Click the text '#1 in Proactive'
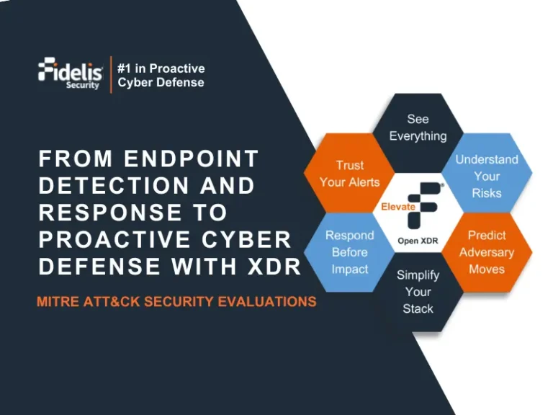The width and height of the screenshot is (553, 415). coord(161,68)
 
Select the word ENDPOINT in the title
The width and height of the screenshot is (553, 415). coord(191,159)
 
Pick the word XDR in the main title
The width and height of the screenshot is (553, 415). coord(274,267)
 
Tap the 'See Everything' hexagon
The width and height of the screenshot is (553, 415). coord(418,127)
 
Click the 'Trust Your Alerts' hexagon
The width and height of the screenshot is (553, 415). coord(349,174)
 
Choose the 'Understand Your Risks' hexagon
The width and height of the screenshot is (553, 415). coord(486,176)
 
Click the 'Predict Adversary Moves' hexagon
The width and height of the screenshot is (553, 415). coord(486,252)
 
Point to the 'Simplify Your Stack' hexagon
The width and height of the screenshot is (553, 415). coord(418,291)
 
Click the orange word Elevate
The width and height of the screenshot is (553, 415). coord(398,207)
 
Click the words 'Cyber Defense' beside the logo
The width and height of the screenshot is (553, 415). coord(161,82)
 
